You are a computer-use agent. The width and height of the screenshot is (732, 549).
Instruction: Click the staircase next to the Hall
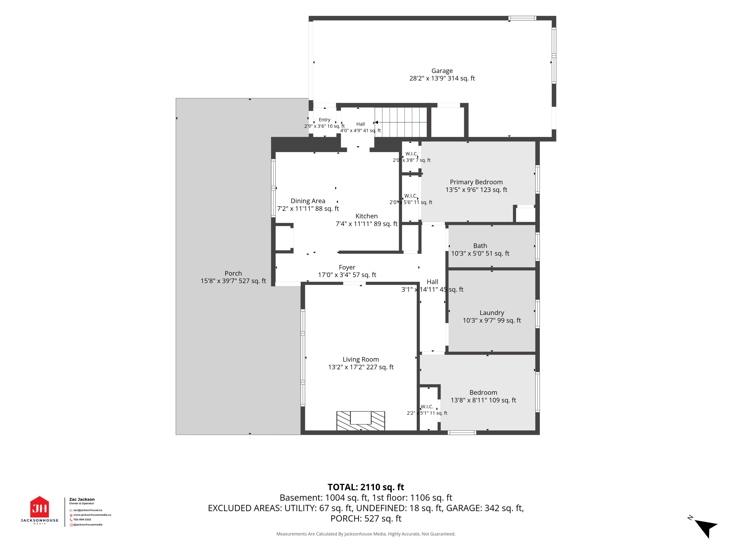click(x=401, y=122)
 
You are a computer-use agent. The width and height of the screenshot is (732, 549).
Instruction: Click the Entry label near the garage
click(x=325, y=120)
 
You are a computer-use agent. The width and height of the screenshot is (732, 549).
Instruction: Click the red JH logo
click(x=40, y=507)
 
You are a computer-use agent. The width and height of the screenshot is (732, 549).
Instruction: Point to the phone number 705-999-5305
click(x=82, y=519)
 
